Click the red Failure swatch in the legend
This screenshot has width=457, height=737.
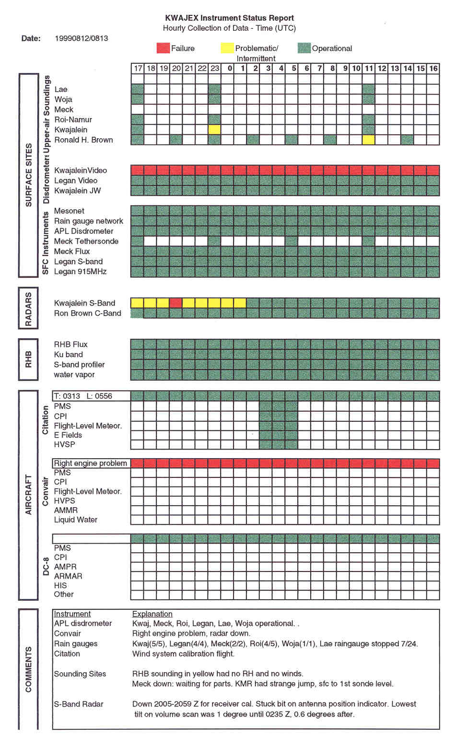(163, 48)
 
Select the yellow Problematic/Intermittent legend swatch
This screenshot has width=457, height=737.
(227, 48)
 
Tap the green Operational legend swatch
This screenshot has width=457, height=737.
(304, 48)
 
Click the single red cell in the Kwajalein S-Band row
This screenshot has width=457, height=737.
(176, 303)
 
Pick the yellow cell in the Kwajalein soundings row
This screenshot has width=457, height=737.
(215, 130)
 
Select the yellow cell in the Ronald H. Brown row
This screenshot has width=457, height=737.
(369, 140)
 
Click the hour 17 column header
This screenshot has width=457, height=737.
(138, 68)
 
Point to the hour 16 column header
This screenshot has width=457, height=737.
(434, 68)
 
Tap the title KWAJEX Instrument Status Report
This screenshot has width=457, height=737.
(229, 18)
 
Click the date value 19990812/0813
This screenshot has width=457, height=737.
(82, 38)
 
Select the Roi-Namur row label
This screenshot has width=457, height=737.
(73, 119)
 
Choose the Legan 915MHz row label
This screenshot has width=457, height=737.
(80, 272)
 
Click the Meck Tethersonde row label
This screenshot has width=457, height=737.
(86, 241)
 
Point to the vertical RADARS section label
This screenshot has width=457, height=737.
(28, 309)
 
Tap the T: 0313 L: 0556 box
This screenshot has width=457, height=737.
(91, 396)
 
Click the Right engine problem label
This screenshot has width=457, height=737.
(91, 463)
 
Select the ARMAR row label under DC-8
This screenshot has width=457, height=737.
(68, 576)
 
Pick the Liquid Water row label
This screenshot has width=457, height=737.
(75, 520)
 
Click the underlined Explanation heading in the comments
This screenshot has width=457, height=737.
(152, 614)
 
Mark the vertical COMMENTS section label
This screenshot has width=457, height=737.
(28, 669)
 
